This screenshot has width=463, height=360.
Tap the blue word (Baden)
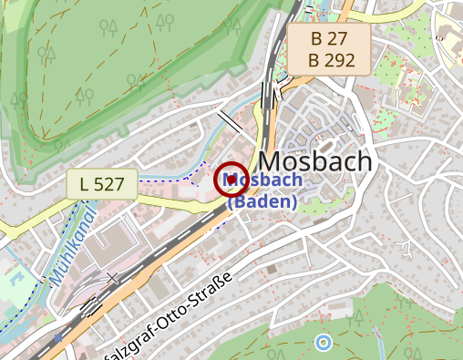pos(262,201)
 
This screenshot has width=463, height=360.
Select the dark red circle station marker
pos(231,180)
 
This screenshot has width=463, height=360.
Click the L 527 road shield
pos(101,184)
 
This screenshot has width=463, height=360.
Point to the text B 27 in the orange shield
pos(329,39)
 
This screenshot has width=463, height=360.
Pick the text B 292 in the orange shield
pos(329,60)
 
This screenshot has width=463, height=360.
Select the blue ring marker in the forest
pos(323,343)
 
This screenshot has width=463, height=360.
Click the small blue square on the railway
pos(58,338)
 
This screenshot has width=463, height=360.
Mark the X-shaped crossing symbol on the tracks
pos(112,277)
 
